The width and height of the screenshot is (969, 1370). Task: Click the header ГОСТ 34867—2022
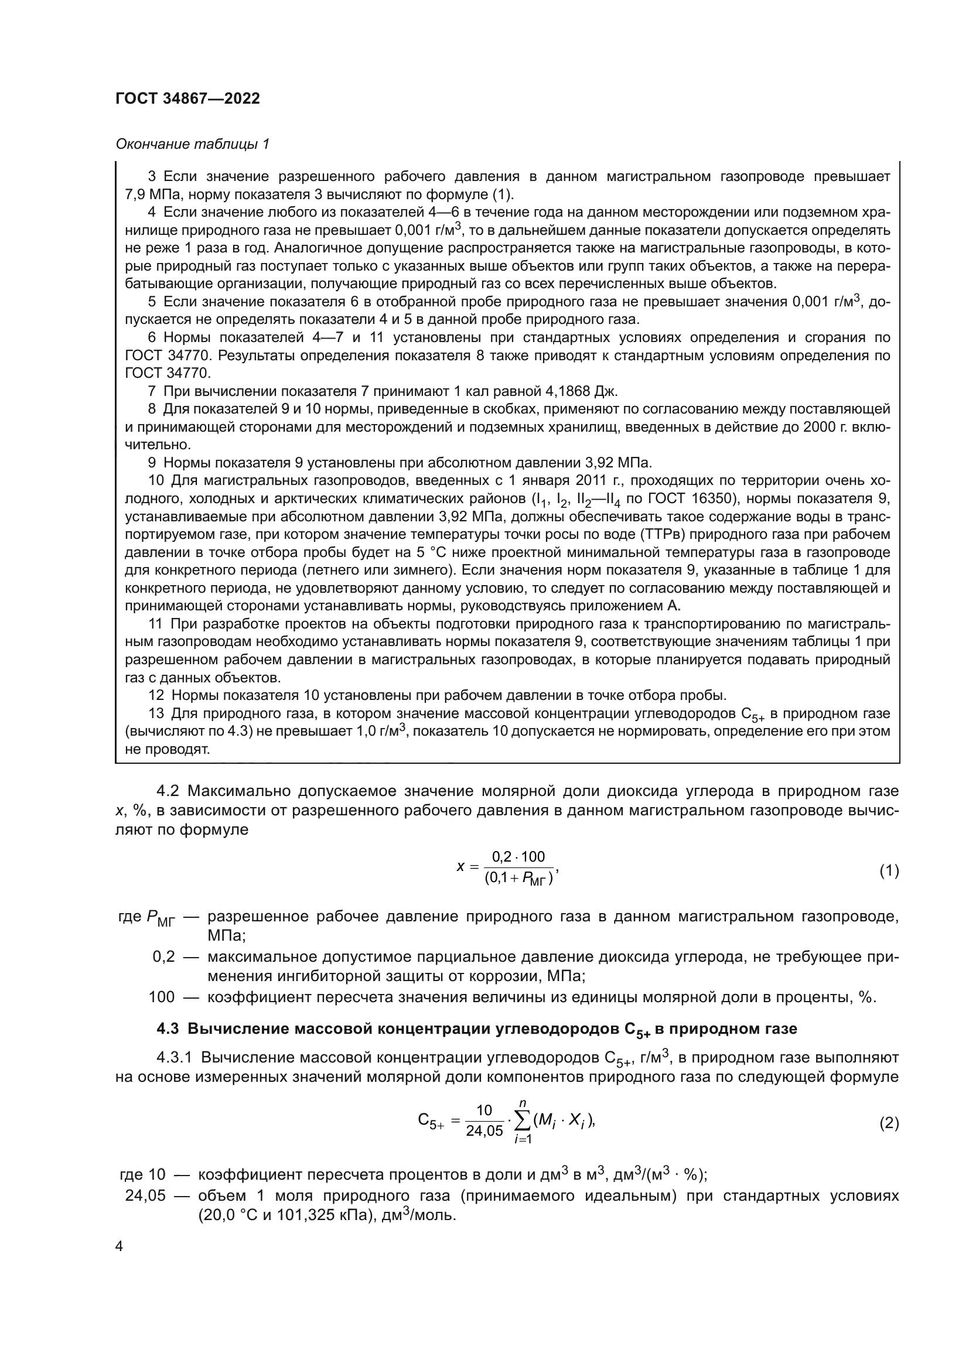coord(188,99)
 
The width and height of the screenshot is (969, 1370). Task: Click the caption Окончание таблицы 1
coord(193,145)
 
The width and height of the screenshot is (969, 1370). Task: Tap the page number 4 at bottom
coord(119,1246)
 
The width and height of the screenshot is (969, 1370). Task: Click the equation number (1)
coord(889,871)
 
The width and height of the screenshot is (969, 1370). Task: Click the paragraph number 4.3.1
coord(173,1058)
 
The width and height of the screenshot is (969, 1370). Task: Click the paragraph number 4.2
coord(168,791)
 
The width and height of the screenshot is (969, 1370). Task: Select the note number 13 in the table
coord(156,713)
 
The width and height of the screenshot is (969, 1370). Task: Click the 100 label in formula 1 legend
coord(162,997)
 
